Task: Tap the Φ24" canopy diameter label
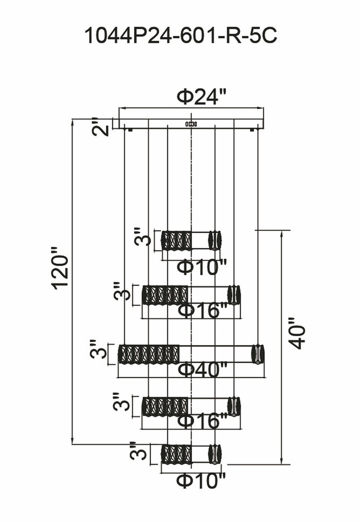[202, 97]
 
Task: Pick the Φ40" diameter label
[202, 369]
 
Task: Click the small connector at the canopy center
[191, 124]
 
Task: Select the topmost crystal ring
[191, 240]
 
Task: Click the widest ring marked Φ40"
[191, 354]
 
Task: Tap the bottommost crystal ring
[191, 454]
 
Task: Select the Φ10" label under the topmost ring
[201, 267]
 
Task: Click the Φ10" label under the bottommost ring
[200, 481]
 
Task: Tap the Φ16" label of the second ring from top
[203, 311]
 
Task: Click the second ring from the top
[191, 295]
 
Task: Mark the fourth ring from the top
[191, 406]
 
